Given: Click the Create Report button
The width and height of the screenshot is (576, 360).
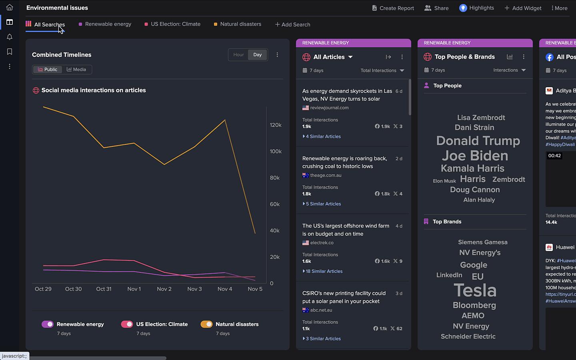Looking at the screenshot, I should (393, 8).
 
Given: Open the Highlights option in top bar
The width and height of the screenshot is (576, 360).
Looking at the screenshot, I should (477, 8).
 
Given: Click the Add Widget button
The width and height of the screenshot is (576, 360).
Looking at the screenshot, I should (523, 8).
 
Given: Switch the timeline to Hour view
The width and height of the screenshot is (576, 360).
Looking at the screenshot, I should (238, 55).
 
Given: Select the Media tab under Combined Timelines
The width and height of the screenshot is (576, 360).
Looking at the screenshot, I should (76, 70).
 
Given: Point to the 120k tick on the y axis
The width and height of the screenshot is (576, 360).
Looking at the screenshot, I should (276, 125).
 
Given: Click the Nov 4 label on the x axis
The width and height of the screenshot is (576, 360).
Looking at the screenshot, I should (225, 289).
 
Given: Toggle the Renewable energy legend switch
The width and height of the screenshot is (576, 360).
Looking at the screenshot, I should (48, 324).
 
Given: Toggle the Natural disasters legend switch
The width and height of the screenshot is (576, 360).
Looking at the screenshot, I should (206, 324).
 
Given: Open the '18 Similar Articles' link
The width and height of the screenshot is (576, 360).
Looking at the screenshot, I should (324, 271).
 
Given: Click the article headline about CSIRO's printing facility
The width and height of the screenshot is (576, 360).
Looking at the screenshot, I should (344, 297).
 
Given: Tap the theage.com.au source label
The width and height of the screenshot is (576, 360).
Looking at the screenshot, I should (326, 175).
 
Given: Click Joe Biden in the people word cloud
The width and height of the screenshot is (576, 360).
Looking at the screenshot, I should (475, 156).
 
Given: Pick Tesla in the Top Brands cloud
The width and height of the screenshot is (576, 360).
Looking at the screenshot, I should (475, 290).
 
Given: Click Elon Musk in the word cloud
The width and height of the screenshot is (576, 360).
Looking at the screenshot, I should (444, 181).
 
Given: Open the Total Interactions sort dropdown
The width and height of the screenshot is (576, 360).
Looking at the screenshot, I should (382, 70).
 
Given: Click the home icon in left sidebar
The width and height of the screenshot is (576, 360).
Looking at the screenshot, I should (10, 7).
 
